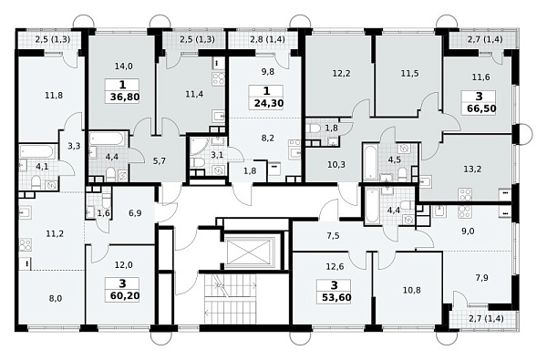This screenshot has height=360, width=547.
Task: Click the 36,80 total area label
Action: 125,97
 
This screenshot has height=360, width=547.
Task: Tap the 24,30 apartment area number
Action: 269,103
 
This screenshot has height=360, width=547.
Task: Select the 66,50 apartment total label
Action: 481,108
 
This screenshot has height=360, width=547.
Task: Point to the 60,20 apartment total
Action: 125,296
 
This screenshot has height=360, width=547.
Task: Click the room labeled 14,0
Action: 123,66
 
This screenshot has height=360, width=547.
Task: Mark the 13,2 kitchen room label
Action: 472,170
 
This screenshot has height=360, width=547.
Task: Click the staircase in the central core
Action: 231,299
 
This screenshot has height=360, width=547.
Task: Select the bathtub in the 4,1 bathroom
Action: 37,152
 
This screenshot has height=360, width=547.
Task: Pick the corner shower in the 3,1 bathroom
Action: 198,146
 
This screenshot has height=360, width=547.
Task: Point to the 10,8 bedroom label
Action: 412,290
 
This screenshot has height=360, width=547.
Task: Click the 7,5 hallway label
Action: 333,235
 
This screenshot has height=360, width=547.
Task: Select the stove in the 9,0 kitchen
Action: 464,211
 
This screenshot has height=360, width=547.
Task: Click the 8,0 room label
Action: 56,298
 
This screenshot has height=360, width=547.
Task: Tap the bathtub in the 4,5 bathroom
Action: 370,162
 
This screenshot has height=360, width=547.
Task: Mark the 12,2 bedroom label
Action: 341,74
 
